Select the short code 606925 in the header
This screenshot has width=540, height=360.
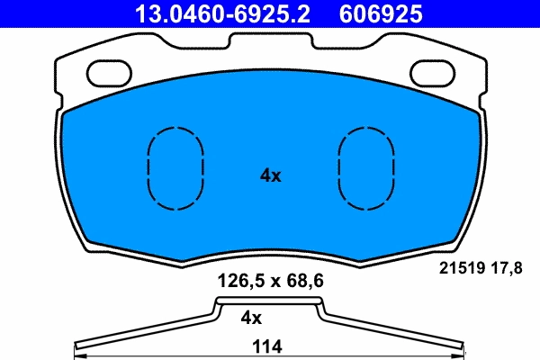click(380, 13)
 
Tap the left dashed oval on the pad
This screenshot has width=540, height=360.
click(175, 168)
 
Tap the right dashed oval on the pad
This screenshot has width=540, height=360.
click(364, 168)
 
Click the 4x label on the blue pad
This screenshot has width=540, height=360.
click(270, 176)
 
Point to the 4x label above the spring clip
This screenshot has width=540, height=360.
click(251, 318)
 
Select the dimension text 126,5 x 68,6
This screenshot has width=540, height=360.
click(271, 281)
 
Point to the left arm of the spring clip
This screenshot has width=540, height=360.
click(144, 330)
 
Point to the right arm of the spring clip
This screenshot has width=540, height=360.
click(396, 330)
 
